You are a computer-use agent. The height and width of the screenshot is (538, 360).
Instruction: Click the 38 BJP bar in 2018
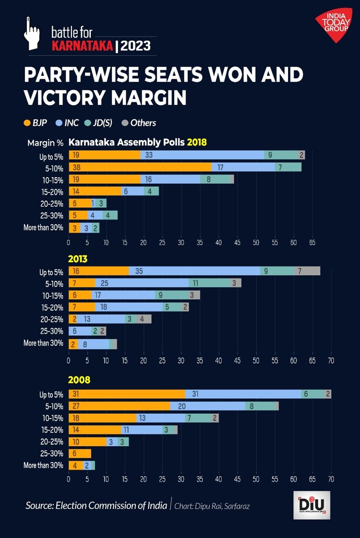(x=140, y=167)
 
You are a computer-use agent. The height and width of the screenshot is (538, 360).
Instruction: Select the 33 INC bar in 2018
(x=202, y=155)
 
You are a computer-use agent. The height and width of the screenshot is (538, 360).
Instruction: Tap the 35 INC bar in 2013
(x=194, y=271)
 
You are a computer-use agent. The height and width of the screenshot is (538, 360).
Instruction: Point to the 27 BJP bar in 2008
(x=119, y=406)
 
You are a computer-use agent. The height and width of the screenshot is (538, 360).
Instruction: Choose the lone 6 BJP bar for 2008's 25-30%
(x=80, y=453)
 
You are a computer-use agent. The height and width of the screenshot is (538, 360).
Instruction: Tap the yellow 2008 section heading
(x=80, y=380)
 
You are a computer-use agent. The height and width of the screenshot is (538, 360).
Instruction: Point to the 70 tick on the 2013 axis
(x=331, y=360)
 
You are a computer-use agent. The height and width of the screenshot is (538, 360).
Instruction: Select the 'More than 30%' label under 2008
(x=43, y=465)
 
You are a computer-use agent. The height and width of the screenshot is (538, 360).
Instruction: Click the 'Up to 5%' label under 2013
(x=51, y=272)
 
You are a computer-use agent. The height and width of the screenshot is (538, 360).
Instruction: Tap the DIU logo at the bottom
(x=312, y=505)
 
